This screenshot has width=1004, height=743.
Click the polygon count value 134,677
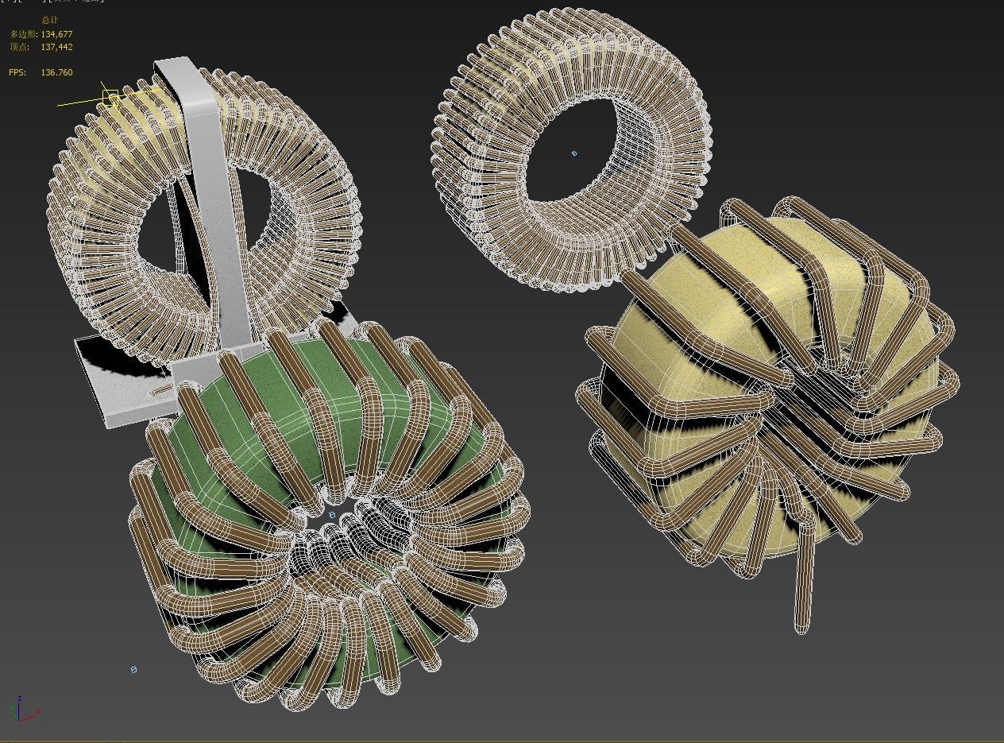(56, 34)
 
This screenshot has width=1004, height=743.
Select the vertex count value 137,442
(56, 47)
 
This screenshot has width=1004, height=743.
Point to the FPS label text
(17, 72)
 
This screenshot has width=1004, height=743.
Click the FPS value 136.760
(56, 72)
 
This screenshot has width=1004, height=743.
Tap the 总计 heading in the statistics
(49, 20)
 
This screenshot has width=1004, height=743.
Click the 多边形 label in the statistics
(20, 34)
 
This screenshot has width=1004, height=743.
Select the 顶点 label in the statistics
(20, 47)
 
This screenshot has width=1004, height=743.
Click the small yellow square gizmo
(110, 98)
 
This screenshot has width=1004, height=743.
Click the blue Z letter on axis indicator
(19, 698)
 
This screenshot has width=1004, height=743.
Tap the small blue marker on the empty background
(133, 670)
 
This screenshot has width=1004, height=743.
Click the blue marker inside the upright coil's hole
(574, 153)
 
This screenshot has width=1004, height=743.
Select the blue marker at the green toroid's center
(332, 515)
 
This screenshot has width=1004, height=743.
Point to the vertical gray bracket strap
(209, 199)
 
